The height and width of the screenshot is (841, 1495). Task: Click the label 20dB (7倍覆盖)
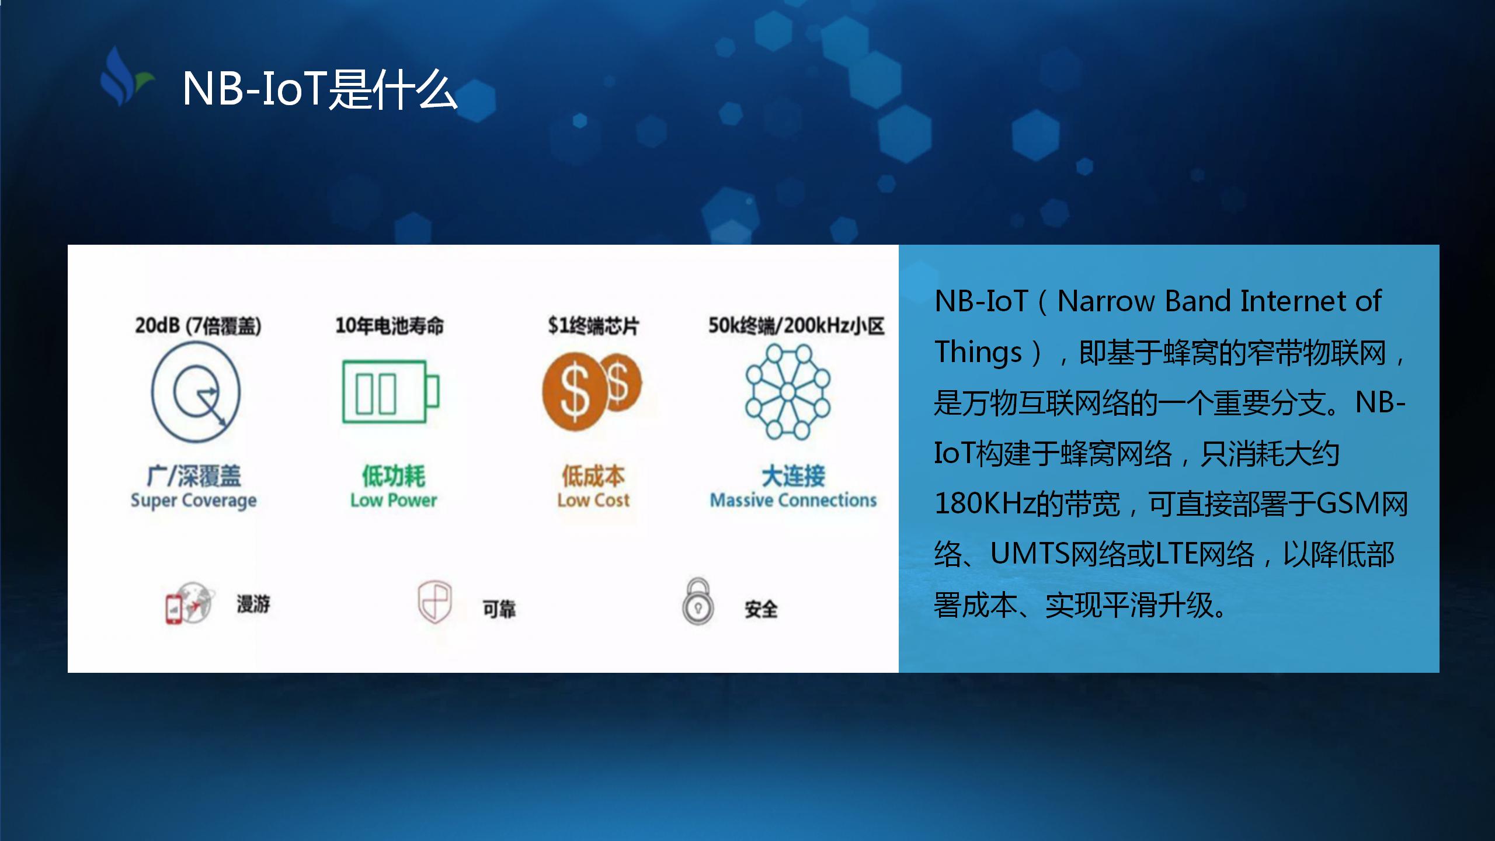(x=198, y=325)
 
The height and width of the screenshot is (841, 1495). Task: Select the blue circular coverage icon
(x=196, y=392)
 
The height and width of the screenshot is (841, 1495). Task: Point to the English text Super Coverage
(x=193, y=501)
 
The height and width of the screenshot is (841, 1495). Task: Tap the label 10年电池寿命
(x=390, y=325)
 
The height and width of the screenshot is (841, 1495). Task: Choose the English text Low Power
(x=393, y=501)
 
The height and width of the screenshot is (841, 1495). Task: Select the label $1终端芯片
(x=593, y=325)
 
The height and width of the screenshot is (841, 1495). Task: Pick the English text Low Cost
(x=593, y=501)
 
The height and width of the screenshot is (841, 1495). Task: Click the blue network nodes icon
(x=787, y=391)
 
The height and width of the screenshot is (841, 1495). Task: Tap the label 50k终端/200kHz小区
(x=796, y=325)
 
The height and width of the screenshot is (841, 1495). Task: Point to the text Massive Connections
(x=793, y=501)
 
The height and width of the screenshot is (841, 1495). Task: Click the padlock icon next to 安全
(x=697, y=602)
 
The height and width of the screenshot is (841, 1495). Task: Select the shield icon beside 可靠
(x=434, y=602)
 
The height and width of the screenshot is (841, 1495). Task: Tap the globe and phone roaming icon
(x=188, y=603)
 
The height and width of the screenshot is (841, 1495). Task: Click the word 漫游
(x=253, y=604)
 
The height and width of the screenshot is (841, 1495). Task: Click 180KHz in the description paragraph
(x=985, y=503)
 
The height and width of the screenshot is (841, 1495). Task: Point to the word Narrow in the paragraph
(x=1106, y=301)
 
